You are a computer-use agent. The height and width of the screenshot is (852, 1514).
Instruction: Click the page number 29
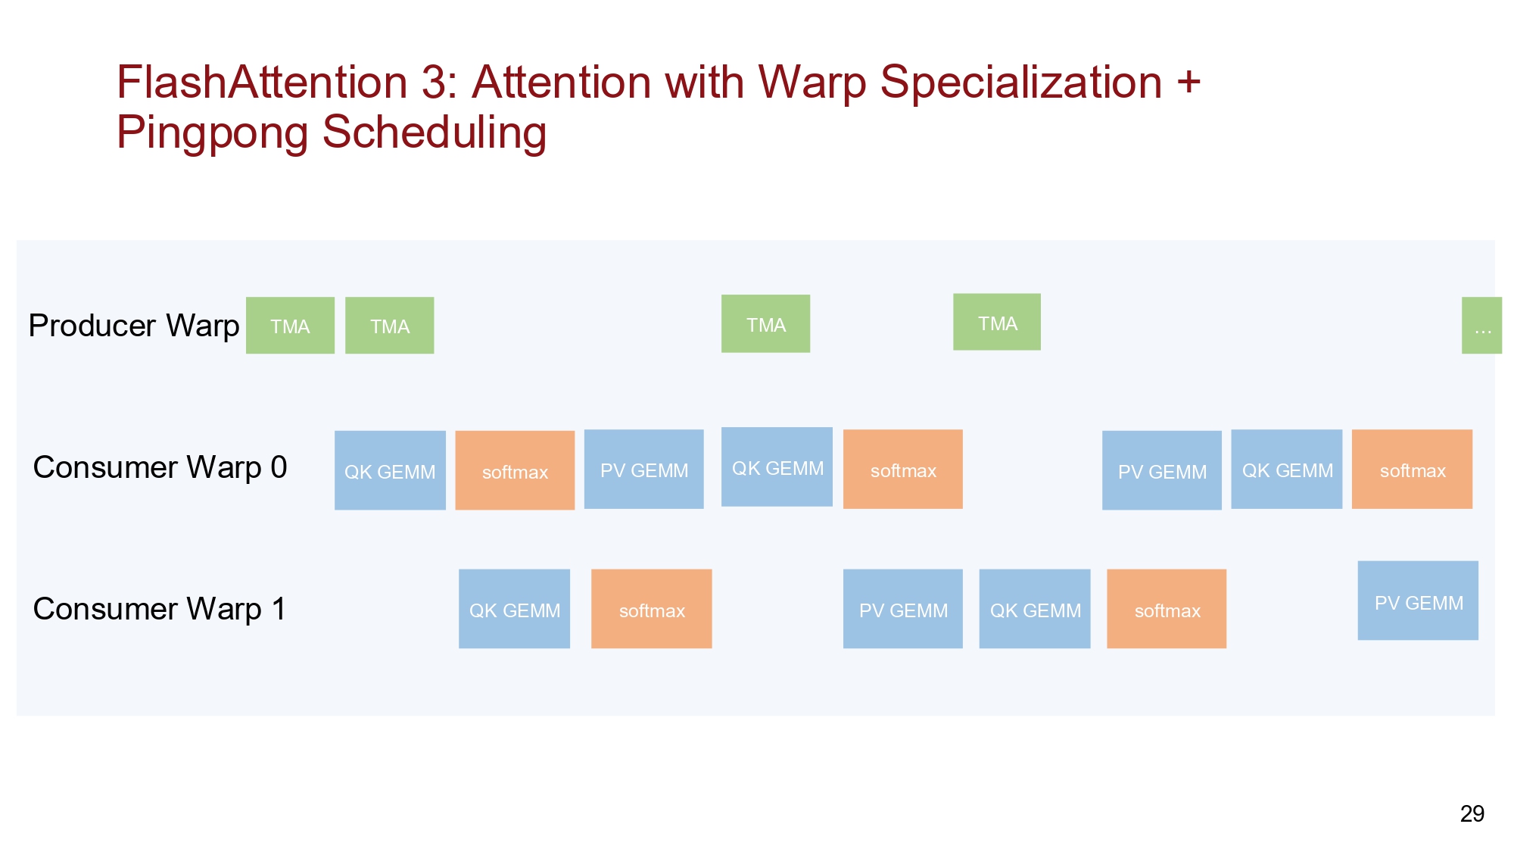tap(1472, 813)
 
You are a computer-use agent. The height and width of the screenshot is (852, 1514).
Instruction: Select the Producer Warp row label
tap(134, 326)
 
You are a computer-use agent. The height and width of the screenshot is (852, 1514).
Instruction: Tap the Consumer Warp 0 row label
tap(160, 467)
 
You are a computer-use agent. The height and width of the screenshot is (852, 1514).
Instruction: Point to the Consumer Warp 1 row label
tap(160, 609)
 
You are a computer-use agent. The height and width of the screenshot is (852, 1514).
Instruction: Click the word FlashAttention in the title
tap(262, 82)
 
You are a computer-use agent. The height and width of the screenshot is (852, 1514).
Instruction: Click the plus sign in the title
tap(1188, 82)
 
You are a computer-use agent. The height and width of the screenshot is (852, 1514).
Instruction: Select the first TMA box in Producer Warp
tap(290, 326)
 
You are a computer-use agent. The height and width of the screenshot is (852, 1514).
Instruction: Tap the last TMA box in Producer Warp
tap(997, 322)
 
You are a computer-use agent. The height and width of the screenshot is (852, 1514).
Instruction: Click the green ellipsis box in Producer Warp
tap(1481, 326)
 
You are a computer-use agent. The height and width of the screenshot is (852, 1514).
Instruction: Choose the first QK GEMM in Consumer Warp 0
tap(390, 470)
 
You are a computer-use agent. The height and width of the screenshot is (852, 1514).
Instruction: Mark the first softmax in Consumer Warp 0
tap(515, 470)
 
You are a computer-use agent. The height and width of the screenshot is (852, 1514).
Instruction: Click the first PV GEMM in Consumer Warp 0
tap(644, 470)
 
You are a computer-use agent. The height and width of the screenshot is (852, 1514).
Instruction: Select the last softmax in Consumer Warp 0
tap(1412, 470)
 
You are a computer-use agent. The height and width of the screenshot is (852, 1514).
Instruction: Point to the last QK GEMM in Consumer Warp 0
tap(1287, 470)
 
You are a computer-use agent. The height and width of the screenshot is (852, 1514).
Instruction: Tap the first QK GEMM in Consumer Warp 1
tap(514, 609)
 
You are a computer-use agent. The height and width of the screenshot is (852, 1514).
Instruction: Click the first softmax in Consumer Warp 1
tap(652, 609)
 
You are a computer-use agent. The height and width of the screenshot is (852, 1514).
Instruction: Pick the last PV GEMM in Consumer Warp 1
tap(1418, 601)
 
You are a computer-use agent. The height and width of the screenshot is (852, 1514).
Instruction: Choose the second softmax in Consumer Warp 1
tap(1167, 609)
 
